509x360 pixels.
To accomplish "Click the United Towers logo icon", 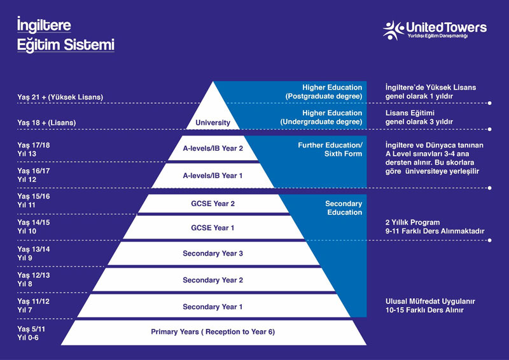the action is click(x=393, y=30).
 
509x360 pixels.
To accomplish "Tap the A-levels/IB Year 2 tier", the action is click(x=213, y=148).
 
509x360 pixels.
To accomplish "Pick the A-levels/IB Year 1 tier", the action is click(x=213, y=176).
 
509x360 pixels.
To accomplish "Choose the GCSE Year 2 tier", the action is click(x=213, y=204).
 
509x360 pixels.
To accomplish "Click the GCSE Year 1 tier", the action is click(x=213, y=228).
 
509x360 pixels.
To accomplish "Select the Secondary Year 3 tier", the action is click(x=213, y=254).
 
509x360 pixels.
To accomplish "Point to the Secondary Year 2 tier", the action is click(x=213, y=280).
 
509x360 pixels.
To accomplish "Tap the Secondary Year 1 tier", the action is click(x=213, y=307).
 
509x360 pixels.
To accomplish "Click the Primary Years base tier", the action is click(x=213, y=332).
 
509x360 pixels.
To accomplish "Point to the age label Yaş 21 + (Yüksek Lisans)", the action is click(x=60, y=97).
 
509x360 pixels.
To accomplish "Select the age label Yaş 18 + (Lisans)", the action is click(x=46, y=123).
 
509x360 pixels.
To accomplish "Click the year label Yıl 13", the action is click(x=27, y=154).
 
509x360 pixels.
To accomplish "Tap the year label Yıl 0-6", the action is click(x=28, y=338).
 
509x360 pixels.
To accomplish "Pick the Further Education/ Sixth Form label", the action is click(x=330, y=149).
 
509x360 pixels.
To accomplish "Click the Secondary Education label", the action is click(x=344, y=208).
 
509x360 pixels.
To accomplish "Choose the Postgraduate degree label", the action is click(x=324, y=96).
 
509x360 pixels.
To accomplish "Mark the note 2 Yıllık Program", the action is click(x=412, y=223).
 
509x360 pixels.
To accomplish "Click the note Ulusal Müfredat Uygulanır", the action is click(x=430, y=301).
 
